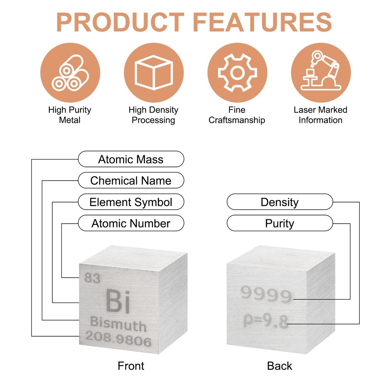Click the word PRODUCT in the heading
[120, 22]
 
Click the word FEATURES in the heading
[262, 22]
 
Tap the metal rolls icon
[70, 73]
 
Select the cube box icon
[154, 73]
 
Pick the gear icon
[237, 73]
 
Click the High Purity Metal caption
[70, 115]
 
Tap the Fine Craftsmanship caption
[237, 115]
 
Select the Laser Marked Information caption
[321, 115]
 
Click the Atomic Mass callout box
[131, 159]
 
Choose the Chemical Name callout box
[131, 180]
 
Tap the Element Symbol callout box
[131, 202]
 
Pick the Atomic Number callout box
[131, 223]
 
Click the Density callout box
[280, 202]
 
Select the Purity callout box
[280, 223]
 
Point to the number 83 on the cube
[92, 278]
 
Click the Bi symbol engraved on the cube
[118, 301]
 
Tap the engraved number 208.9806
[118, 339]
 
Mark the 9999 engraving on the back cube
[266, 294]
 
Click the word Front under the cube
[131, 366]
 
